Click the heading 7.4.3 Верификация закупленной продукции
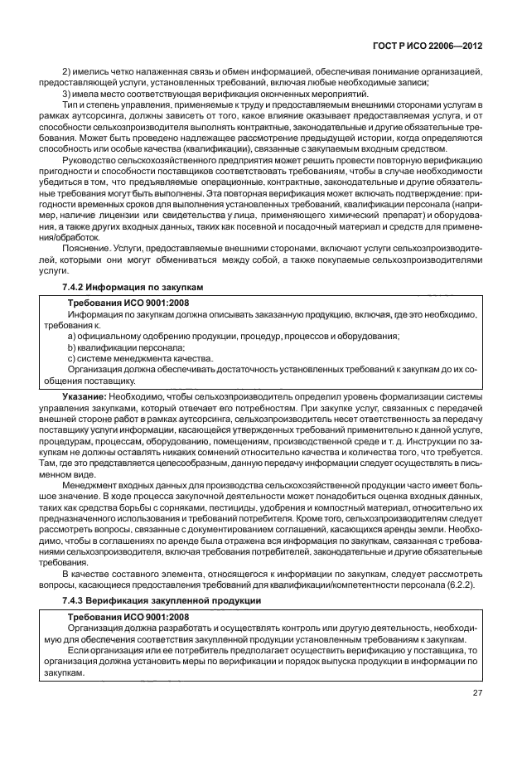pyautogui.click(x=162, y=599)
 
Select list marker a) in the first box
pyautogui.click(x=72, y=336)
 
